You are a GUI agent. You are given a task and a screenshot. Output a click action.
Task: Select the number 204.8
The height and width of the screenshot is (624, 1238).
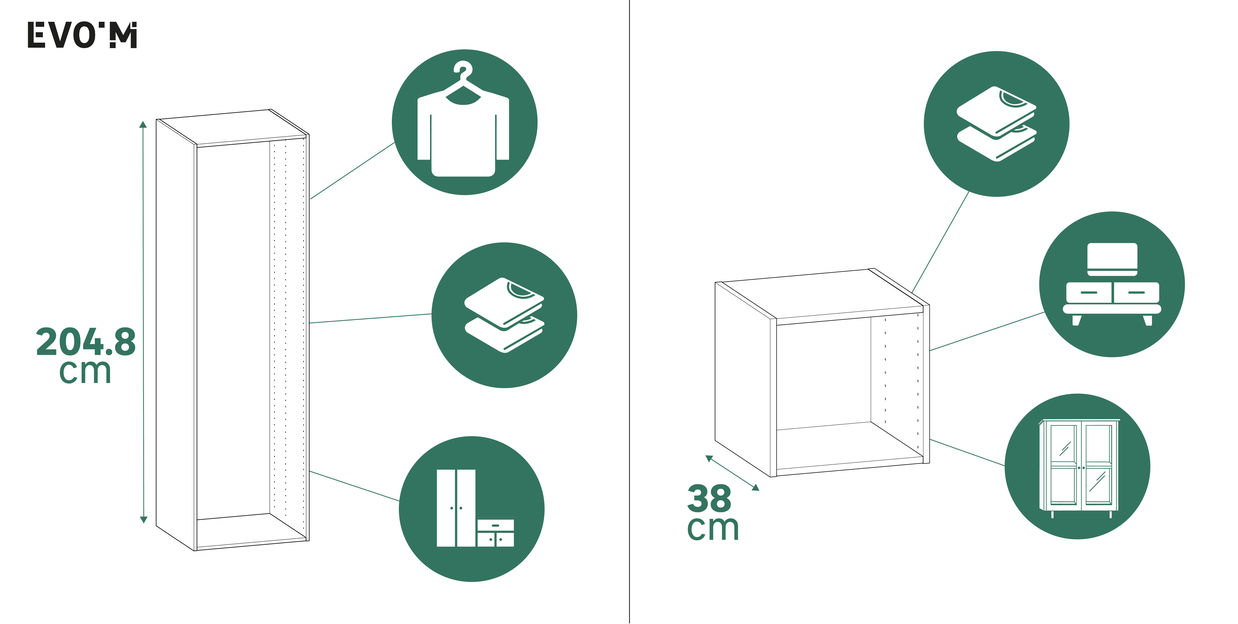click(86, 342)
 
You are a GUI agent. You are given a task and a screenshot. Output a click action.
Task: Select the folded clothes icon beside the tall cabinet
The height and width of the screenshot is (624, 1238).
click(504, 315)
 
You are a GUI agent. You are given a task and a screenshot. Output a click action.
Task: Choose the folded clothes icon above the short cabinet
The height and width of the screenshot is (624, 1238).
click(996, 123)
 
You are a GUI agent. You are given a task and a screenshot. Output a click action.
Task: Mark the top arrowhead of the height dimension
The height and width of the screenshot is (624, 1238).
click(143, 125)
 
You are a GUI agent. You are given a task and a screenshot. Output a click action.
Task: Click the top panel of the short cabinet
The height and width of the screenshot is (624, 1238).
click(822, 293)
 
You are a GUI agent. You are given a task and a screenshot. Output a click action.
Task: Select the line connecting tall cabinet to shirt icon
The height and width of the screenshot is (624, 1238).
click(352, 171)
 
